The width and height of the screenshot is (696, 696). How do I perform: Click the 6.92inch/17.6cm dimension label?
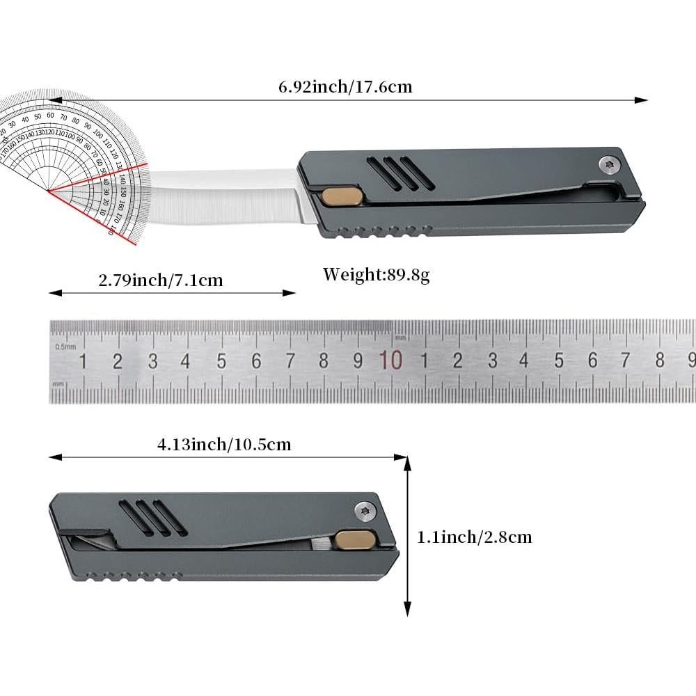(345, 87)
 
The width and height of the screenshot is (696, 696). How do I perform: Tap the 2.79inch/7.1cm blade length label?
(161, 280)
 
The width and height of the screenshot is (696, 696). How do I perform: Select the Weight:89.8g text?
(376, 274)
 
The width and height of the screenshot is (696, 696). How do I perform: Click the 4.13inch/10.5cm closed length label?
(223, 444)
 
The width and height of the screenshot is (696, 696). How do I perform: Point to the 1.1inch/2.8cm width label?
(474, 537)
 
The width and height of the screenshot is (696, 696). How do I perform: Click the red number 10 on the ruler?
(390, 361)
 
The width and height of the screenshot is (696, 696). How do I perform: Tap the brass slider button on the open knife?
(340, 197)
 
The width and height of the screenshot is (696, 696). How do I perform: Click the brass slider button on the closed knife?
(355, 540)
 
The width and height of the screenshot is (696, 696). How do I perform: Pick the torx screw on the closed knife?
(363, 510)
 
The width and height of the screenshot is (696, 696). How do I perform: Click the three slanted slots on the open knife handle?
(400, 174)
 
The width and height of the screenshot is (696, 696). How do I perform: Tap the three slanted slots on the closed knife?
(153, 519)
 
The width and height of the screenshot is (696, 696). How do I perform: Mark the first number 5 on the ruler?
(221, 361)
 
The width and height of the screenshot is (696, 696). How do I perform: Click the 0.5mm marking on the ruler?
(65, 347)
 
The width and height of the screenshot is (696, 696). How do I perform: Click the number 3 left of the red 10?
(152, 361)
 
